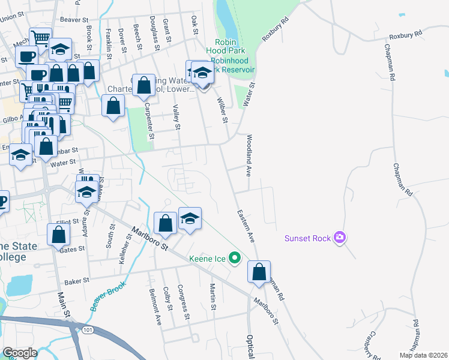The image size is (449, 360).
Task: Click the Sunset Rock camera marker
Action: pyautogui.click(x=340, y=238)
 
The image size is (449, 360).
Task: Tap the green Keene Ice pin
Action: pyautogui.click(x=235, y=259)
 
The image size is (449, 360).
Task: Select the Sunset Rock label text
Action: pyautogui.click(x=308, y=238)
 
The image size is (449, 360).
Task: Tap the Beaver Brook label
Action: pyautogui.click(x=108, y=296)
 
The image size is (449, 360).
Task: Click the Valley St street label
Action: pyautogui.click(x=176, y=117)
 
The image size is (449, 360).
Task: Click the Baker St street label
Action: pyautogui.click(x=77, y=280)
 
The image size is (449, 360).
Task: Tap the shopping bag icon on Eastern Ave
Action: pyautogui.click(x=259, y=272)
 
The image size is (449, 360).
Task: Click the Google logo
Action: pyautogui.click(x=20, y=353)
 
